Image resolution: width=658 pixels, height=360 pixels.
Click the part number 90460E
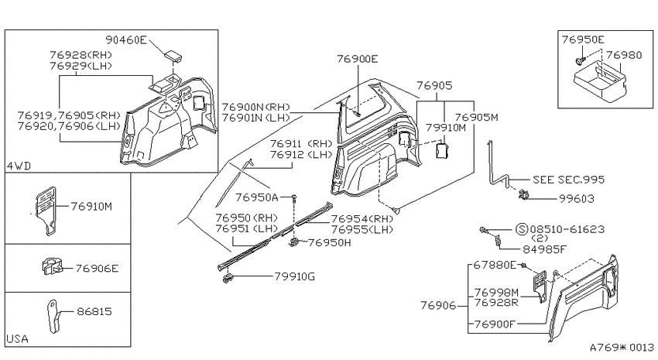tap(126, 39)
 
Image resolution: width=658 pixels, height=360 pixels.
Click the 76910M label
tap(91, 207)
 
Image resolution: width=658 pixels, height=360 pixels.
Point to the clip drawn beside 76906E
tap(52, 266)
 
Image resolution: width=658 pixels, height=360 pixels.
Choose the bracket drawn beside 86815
tap(53, 316)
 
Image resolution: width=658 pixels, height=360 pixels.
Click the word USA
tap(18, 338)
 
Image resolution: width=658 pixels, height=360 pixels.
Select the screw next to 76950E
tap(580, 61)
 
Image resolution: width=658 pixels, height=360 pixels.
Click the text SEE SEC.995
tap(569, 180)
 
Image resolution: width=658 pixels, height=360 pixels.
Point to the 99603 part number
tap(576, 198)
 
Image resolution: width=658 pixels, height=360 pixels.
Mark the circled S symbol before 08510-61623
tap(521, 229)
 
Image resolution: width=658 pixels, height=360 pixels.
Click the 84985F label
tap(544, 249)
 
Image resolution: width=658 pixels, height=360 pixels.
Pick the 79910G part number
tap(295, 276)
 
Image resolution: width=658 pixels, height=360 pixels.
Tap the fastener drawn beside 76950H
tap(295, 242)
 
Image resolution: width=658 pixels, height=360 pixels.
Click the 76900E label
tap(357, 59)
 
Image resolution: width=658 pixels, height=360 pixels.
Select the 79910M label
tap(446, 128)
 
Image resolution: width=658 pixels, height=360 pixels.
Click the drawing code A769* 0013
tap(622, 348)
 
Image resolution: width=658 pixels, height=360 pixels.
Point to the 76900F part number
tap(495, 324)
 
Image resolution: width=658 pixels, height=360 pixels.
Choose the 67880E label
tap(495, 266)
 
